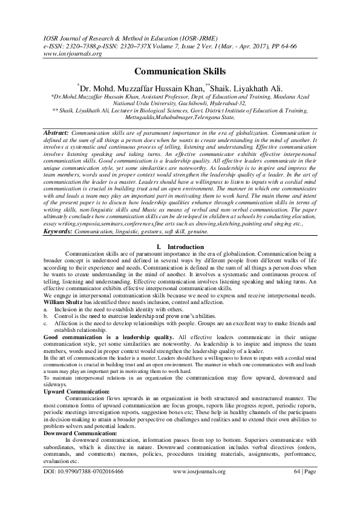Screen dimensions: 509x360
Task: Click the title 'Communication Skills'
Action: (x=180, y=71)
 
